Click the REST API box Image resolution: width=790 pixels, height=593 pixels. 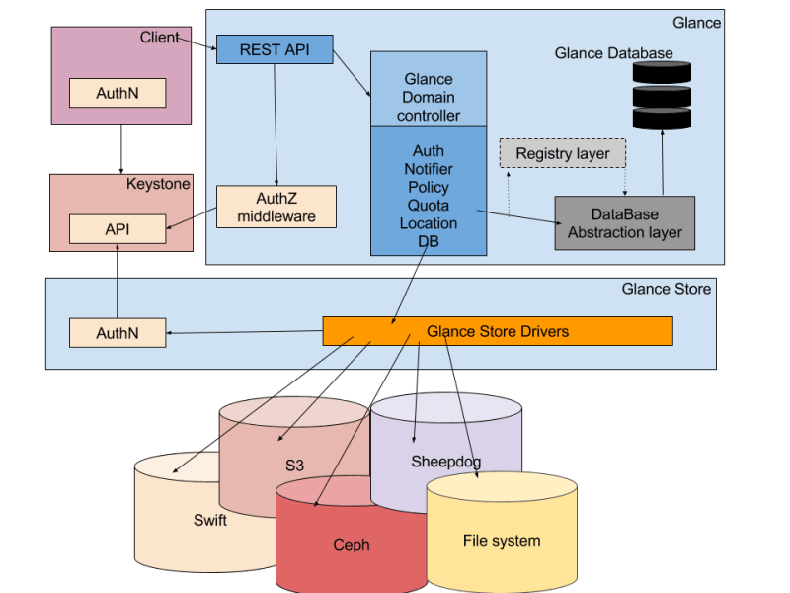coord(274,49)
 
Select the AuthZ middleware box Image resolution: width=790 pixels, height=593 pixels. coord(276,206)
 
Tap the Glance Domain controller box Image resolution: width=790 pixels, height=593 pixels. coord(428,97)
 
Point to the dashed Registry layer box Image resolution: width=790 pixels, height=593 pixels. coord(562,154)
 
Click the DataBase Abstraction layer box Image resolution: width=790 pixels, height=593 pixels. coord(624,223)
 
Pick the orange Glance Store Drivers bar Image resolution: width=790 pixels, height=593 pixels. coord(498,331)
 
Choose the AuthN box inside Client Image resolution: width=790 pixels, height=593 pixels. coord(118,94)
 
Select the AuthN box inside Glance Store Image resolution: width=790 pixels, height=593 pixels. coord(118,333)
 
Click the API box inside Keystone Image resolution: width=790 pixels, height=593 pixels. coord(118,229)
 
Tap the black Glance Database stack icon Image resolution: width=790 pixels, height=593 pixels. coord(661,96)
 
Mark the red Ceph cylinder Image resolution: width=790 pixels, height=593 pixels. coord(351,544)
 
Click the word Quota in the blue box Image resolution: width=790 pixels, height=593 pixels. coord(428,206)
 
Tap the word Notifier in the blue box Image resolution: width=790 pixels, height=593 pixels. coord(428,169)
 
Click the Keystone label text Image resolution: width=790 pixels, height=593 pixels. coord(158,184)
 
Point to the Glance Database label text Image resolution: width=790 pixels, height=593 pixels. coord(613,53)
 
